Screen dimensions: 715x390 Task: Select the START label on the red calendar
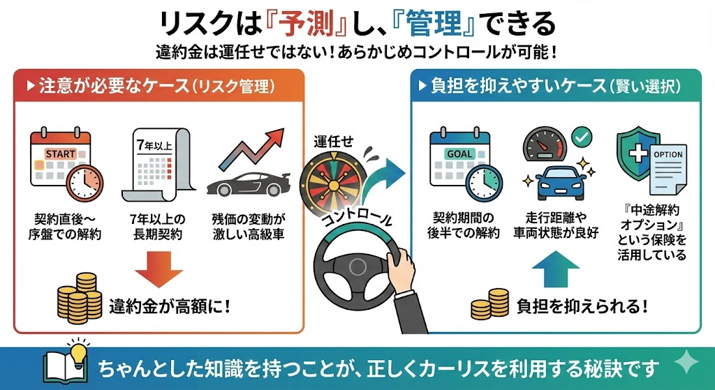click(x=61, y=154)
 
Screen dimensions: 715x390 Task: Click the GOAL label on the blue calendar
click(x=459, y=154)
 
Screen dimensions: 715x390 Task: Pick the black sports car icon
click(x=249, y=183)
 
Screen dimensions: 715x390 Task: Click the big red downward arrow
click(x=159, y=271)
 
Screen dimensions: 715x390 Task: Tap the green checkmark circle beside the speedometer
click(x=582, y=137)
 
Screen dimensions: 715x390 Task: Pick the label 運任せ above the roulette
click(x=333, y=142)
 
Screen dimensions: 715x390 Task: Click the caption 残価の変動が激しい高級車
click(x=249, y=227)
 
